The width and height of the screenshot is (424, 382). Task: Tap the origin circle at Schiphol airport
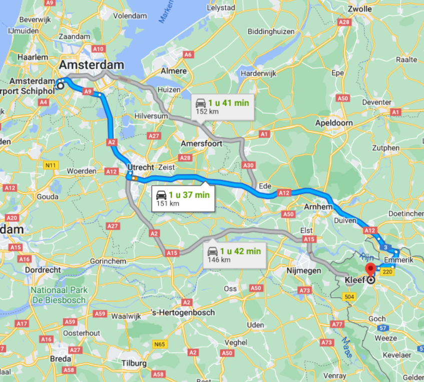coord(61,86)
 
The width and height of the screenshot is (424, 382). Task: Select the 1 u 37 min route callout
coord(183,198)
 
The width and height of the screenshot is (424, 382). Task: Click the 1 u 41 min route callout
coord(221,106)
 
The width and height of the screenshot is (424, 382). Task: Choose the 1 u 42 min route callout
coord(234,255)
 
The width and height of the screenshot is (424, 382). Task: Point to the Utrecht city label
coord(141,167)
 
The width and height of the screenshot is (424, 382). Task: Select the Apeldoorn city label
coord(334,123)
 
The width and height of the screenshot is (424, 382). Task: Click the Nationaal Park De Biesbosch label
coord(59,295)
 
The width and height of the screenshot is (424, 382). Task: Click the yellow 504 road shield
coord(349,297)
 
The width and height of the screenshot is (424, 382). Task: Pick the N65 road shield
coord(159,344)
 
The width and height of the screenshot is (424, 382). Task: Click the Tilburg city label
coord(134,363)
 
